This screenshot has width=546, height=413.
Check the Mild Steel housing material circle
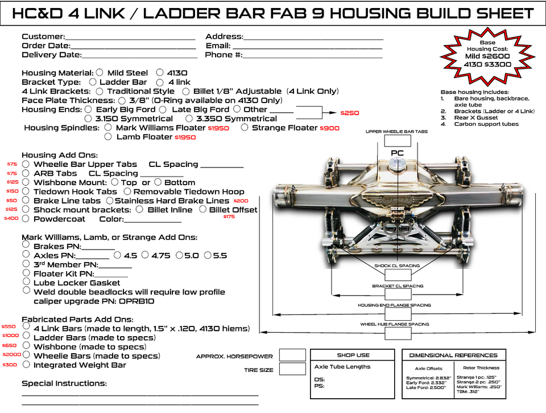(100, 73)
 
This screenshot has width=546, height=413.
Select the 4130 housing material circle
(160, 73)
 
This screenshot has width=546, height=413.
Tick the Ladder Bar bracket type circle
(93, 82)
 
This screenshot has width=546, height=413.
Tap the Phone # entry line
(312, 56)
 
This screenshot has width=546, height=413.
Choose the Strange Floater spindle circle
(245, 128)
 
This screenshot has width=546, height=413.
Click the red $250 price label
(350, 113)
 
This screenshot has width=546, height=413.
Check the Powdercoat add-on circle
(26, 218)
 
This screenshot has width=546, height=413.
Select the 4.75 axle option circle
(146, 255)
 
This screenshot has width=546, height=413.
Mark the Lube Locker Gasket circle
(26, 281)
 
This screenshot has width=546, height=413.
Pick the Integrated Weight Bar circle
(26, 364)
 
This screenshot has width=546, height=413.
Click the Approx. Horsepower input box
(292, 355)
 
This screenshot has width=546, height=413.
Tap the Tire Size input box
(292, 369)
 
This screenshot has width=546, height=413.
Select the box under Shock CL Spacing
(397, 275)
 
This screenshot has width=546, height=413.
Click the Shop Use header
(353, 355)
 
